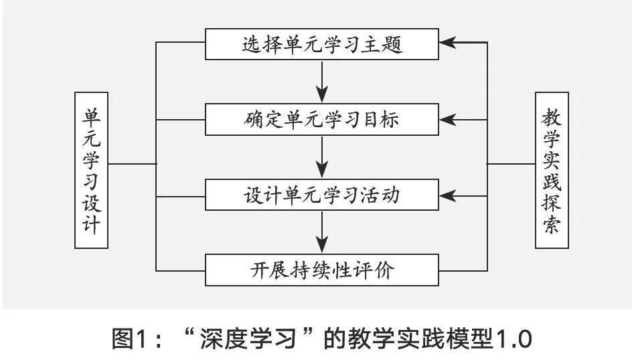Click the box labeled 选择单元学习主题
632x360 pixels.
322,45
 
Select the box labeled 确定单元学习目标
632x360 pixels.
322,120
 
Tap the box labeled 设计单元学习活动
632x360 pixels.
322,195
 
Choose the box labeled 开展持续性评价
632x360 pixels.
322,270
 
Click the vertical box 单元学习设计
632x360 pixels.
91,170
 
